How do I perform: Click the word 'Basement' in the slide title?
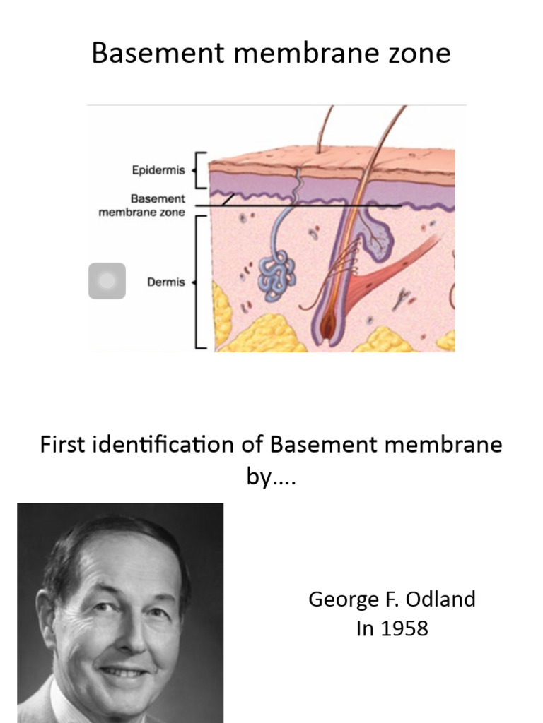coord(146,53)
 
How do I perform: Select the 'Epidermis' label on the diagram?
coord(158,170)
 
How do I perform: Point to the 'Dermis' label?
coord(165,282)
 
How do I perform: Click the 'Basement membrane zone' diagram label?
coord(141,205)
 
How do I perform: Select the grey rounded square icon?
coord(107,281)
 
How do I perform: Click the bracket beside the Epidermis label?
coord(202,170)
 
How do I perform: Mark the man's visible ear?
coord(47,621)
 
